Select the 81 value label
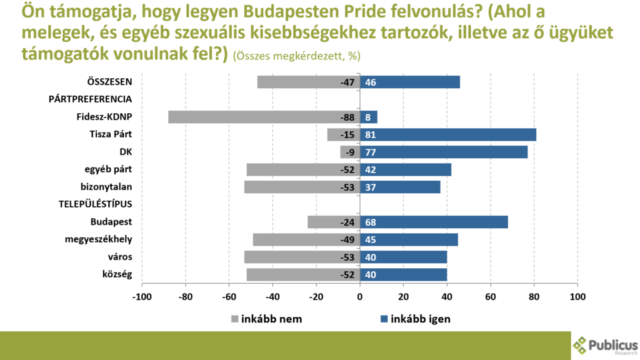click(x=371, y=134)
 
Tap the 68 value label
click(x=371, y=222)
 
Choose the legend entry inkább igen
click(x=416, y=319)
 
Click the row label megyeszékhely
click(x=99, y=239)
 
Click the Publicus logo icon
click(x=580, y=344)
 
